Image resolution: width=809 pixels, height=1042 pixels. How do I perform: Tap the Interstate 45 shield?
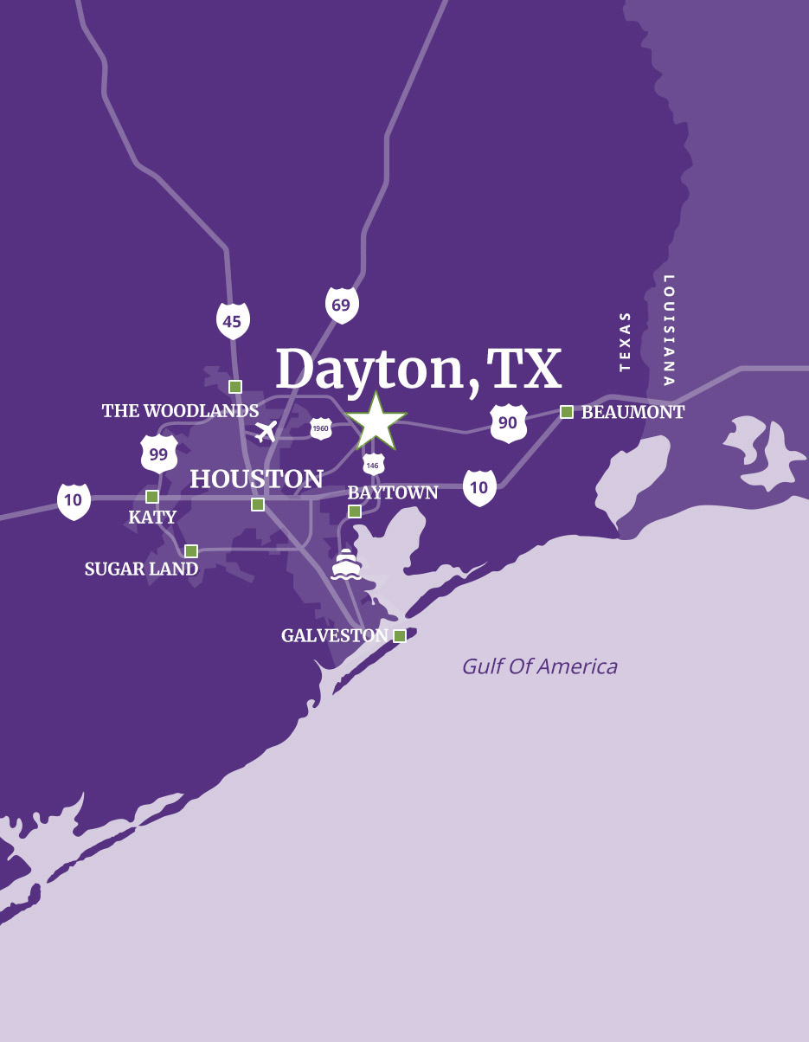pyautogui.click(x=233, y=321)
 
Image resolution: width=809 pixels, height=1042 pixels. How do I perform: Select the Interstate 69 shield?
pyautogui.click(x=342, y=305)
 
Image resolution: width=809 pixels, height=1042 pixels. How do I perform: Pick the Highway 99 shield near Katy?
pyautogui.click(x=159, y=453)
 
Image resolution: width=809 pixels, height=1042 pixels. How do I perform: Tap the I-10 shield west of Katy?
pyautogui.click(x=74, y=501)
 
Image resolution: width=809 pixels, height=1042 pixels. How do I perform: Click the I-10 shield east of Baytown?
pyautogui.click(x=479, y=488)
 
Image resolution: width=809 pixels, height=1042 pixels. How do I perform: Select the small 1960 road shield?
pyautogui.click(x=321, y=428)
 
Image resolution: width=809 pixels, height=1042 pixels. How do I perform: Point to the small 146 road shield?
pyautogui.click(x=373, y=464)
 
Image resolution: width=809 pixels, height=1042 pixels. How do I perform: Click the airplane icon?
pyautogui.click(x=266, y=430)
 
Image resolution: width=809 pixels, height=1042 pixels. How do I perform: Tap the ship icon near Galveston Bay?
pyautogui.click(x=346, y=563)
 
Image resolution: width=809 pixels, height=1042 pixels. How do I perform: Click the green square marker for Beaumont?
pyautogui.click(x=567, y=412)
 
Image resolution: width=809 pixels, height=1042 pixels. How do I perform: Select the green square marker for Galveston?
pyautogui.click(x=400, y=636)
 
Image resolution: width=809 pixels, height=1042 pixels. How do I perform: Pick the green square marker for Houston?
pyautogui.click(x=258, y=505)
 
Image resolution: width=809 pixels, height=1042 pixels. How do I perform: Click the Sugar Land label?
pyautogui.click(x=141, y=569)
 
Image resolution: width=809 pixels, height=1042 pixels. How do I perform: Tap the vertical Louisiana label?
pyautogui.click(x=668, y=330)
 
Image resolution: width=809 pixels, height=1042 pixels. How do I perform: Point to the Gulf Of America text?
pyautogui.click(x=539, y=666)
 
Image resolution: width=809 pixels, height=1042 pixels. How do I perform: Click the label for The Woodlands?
pyautogui.click(x=180, y=410)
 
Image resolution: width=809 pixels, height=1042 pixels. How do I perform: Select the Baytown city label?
pyautogui.click(x=393, y=492)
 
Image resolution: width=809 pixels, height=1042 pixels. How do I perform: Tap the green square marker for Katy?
pyautogui.click(x=152, y=497)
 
